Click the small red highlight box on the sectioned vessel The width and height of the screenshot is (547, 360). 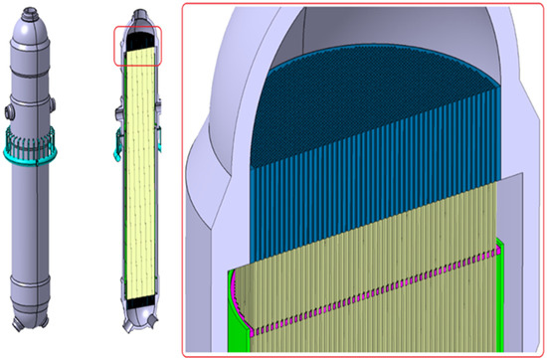(x=140, y=44)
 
